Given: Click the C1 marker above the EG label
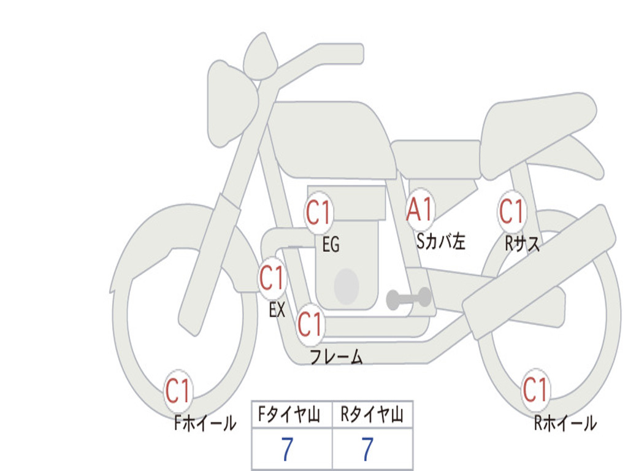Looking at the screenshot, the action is coord(318,212).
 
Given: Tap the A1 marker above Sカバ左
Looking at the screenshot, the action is coord(419,210).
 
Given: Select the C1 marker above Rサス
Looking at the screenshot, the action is coord(512,211).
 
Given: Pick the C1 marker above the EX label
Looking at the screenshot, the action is coord(272,278).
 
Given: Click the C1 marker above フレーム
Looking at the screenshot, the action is coord(310,324).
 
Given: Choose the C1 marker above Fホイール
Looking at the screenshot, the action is coord(178,390).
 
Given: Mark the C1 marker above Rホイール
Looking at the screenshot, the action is coord(535,389).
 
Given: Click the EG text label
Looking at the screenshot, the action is coord(331,244).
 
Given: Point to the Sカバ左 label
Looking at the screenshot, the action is coord(440,241).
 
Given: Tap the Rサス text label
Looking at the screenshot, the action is coord(523,243).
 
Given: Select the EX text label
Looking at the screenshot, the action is coord(277,310).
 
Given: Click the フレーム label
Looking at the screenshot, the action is coord(337,356).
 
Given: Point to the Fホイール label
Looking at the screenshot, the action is coord(205,423).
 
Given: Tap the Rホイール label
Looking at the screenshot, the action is coord(565,423).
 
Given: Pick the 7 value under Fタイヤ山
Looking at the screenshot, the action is coord(287,449).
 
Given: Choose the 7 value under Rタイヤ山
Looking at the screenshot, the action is coord(368,449).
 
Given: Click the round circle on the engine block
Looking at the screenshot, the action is coord(347,286).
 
